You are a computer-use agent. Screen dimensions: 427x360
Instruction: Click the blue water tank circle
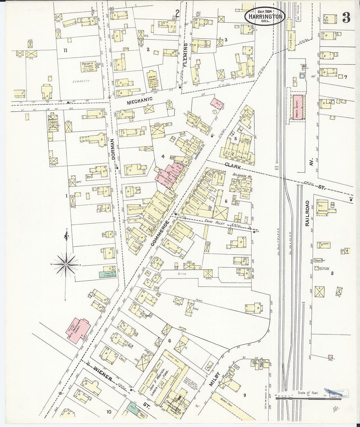click(301, 76)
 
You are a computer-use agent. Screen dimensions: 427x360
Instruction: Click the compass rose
click(66, 264)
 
